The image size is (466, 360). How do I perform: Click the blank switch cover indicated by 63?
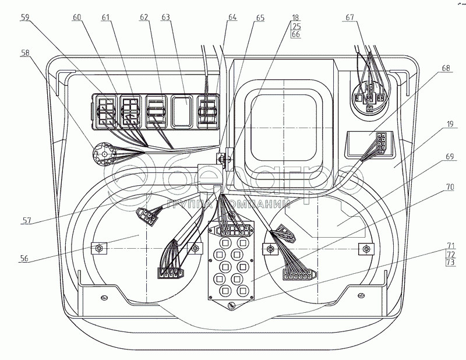tap(183, 111)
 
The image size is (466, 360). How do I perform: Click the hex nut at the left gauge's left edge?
tap(98, 249)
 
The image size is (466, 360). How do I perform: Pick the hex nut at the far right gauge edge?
tap(367, 249)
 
